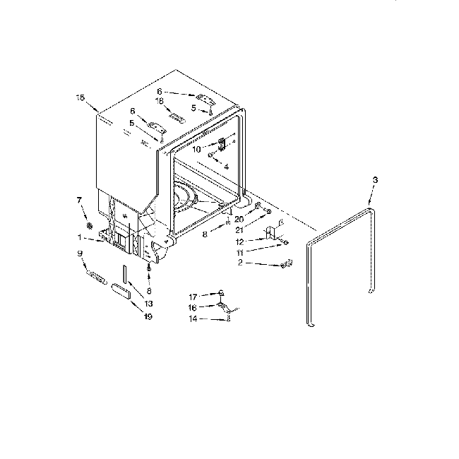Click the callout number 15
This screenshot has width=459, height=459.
(x=80, y=97)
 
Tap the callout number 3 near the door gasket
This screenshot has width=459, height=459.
(x=375, y=181)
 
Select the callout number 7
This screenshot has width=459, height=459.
(x=79, y=201)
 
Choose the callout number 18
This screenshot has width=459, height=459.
(x=160, y=101)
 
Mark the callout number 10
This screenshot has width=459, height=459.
(x=197, y=150)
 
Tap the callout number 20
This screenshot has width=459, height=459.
(x=239, y=219)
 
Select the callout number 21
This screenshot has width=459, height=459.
(x=240, y=231)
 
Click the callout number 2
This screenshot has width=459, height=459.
(x=239, y=263)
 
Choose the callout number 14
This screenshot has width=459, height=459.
(x=192, y=319)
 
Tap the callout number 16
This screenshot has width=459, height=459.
(x=192, y=307)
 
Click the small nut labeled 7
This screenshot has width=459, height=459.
(x=90, y=225)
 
